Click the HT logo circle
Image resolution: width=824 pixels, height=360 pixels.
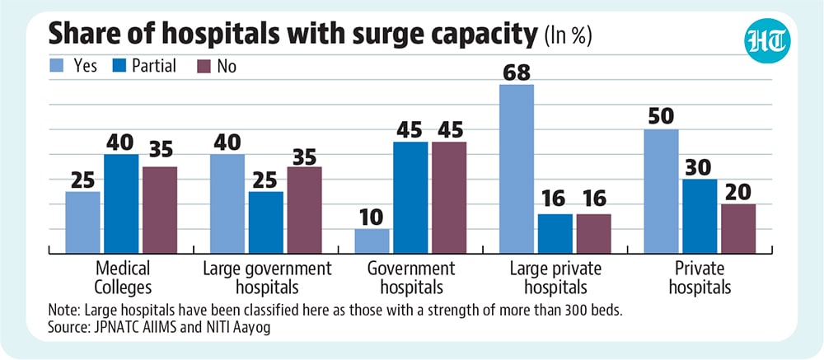click(x=768, y=40)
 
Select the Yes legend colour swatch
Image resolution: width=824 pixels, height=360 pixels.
click(x=56, y=66)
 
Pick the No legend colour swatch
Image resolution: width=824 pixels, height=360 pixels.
click(x=203, y=66)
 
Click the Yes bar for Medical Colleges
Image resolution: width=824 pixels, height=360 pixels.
click(x=82, y=222)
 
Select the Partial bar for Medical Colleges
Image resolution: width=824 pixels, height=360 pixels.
click(x=121, y=204)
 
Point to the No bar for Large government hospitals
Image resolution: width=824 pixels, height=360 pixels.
click(x=305, y=210)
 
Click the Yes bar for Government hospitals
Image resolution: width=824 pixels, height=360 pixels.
click(x=372, y=241)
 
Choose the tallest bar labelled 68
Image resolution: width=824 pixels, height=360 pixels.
click(x=517, y=169)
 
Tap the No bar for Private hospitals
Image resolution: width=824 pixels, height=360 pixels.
click(x=738, y=229)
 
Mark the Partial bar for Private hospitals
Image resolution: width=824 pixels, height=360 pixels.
click(x=700, y=217)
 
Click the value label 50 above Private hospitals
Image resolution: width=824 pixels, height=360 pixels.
click(x=661, y=117)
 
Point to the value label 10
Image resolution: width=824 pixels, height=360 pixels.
click(x=372, y=217)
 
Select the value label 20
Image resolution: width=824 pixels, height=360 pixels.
click(x=738, y=192)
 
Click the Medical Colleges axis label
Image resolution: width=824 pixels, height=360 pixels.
click(x=124, y=278)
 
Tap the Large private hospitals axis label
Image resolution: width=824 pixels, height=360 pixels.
click(x=556, y=278)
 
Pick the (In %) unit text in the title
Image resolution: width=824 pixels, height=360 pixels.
click(x=569, y=37)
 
